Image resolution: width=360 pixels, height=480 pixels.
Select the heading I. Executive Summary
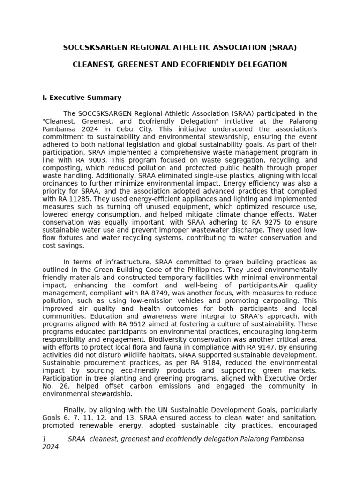point(82,97)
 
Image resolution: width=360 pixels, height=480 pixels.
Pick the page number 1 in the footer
point(44,439)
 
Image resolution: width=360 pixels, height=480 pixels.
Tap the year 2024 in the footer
point(50,447)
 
